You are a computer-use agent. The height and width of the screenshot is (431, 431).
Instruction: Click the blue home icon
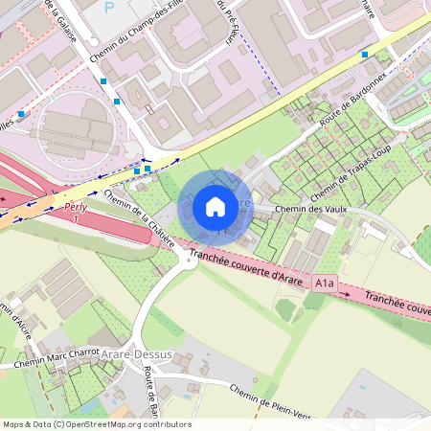(215, 206)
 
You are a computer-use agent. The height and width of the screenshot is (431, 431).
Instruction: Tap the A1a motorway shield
(326, 283)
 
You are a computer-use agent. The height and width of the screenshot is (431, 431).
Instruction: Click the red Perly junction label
(76, 207)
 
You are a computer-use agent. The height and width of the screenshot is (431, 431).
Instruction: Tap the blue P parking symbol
(108, 7)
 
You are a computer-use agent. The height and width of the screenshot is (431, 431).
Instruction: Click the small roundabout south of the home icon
(188, 260)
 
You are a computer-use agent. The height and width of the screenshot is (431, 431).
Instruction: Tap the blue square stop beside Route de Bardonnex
(364, 55)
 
